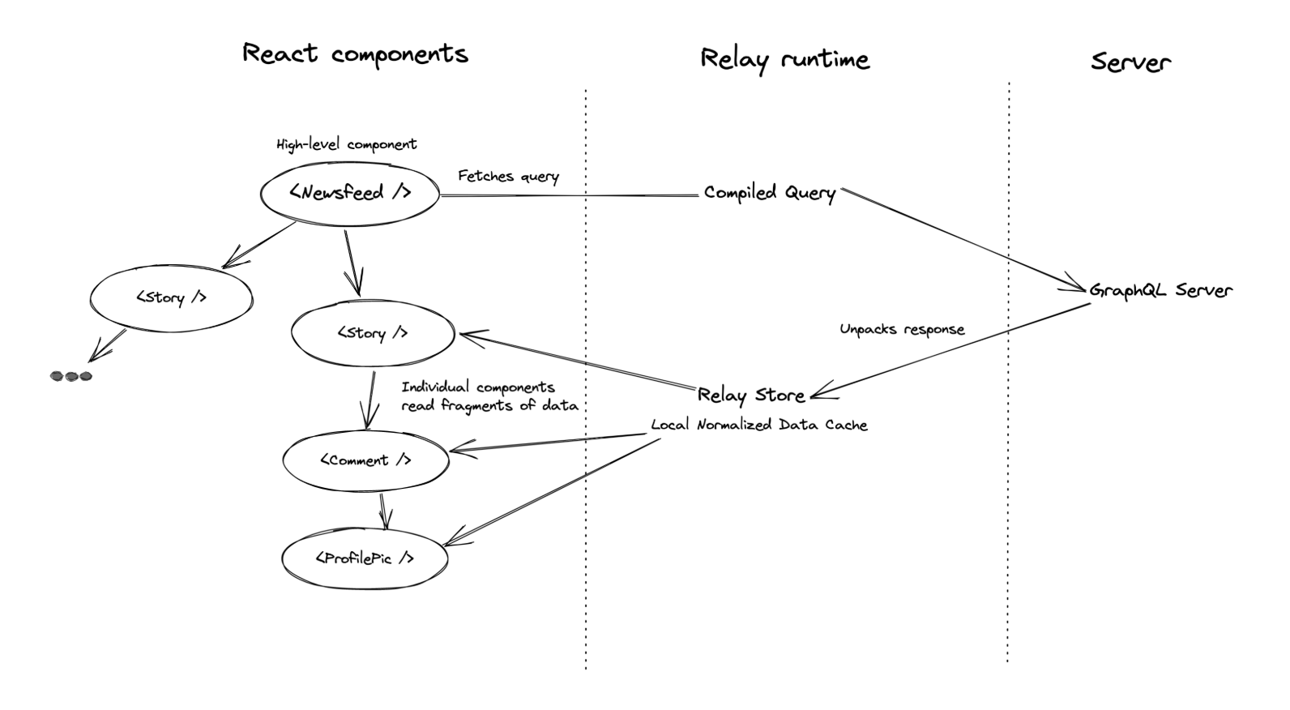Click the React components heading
coord(356,54)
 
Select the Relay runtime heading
coord(785,60)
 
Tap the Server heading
coord(1130,62)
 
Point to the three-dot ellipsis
coord(70,377)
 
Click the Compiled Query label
coord(770,192)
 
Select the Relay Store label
coord(751,395)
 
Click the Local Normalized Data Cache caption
coord(759,425)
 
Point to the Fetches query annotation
coord(509,176)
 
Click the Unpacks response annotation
coord(902,329)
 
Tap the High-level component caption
coord(347,144)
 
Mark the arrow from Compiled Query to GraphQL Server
coord(963,240)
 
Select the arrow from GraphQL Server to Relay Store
coord(950,351)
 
